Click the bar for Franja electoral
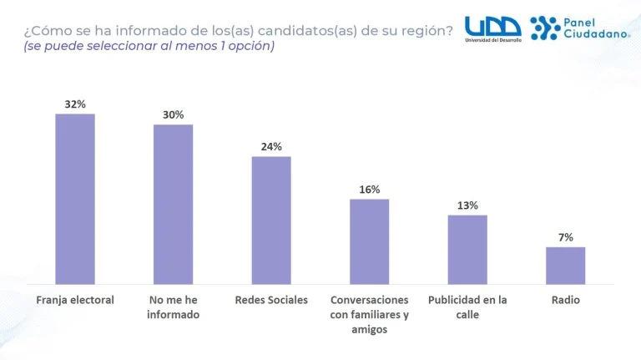pyautogui.click(x=75, y=200)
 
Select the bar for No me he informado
pyautogui.click(x=173, y=205)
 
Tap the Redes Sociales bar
pyautogui.click(x=271, y=221)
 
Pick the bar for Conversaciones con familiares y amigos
pyautogui.click(x=369, y=242)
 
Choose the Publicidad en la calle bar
pyautogui.click(x=467, y=250)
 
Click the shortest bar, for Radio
pyautogui.click(x=565, y=266)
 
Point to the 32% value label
pyautogui.click(x=75, y=104)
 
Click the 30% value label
pyautogui.click(x=173, y=115)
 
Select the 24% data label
pyautogui.click(x=271, y=146)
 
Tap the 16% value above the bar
pyautogui.click(x=369, y=189)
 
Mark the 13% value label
pyautogui.click(x=467, y=205)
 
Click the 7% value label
pyautogui.click(x=565, y=237)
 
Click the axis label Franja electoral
pyautogui.click(x=75, y=300)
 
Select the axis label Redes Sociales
pyautogui.click(x=271, y=300)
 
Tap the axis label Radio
pyautogui.click(x=565, y=300)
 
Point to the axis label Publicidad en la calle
pyautogui.click(x=467, y=307)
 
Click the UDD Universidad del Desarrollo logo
pyautogui.click(x=492, y=29)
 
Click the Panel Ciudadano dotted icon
pyautogui.click(x=546, y=28)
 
